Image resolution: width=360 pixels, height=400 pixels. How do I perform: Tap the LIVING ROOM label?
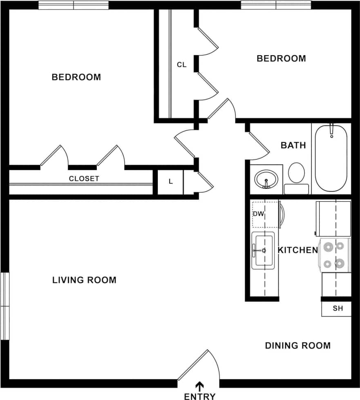(84, 280)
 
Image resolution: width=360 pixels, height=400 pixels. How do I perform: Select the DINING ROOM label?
(297, 346)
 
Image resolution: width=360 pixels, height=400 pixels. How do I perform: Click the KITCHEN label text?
(297, 250)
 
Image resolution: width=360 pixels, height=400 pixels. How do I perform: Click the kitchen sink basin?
(262, 250)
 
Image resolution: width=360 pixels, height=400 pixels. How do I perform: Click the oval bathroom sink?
(266, 179)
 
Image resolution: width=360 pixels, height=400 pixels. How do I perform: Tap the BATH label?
(293, 145)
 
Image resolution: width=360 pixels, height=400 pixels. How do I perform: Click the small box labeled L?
(170, 182)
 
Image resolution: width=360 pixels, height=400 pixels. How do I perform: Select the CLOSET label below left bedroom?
(84, 179)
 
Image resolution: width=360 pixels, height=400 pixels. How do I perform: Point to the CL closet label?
(181, 65)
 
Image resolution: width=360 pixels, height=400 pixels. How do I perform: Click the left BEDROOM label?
(76, 77)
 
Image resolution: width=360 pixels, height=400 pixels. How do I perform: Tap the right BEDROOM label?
(281, 58)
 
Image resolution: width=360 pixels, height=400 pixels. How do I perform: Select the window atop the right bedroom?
(276, 5)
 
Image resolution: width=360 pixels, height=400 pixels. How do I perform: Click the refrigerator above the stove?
(333, 219)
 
